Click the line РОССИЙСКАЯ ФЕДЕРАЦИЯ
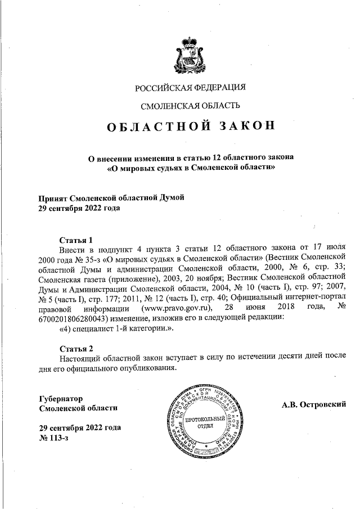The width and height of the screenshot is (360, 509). [191, 87]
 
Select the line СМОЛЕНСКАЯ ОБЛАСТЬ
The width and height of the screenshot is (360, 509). [191, 105]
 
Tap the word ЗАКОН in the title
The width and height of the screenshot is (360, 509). [243, 126]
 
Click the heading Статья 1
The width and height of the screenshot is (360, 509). [75, 238]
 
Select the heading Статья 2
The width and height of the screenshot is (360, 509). [75, 348]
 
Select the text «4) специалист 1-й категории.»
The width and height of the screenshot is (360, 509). [116, 329]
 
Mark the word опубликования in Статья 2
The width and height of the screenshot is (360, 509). [148, 368]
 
